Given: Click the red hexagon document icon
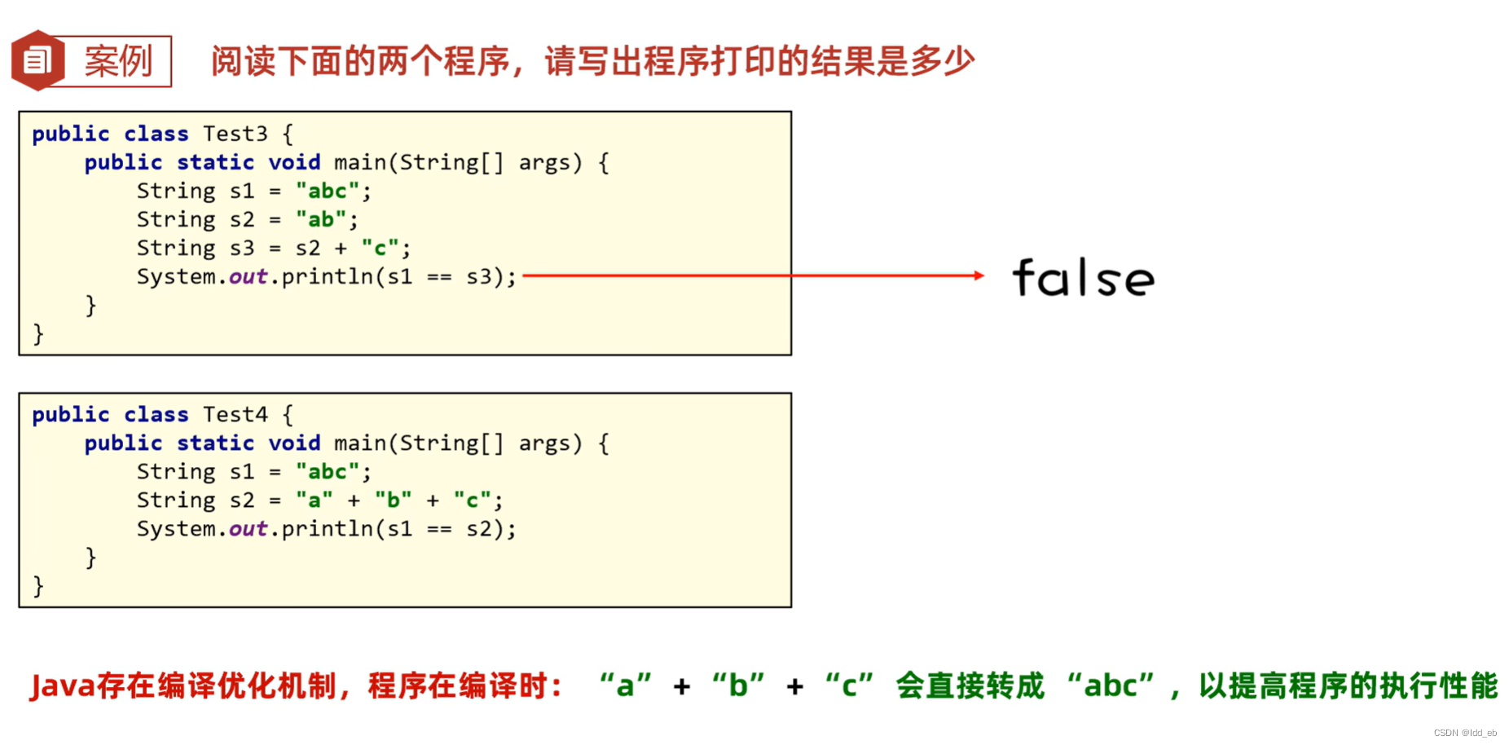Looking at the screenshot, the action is click(x=37, y=60).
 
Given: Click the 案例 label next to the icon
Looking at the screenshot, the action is click(x=118, y=61).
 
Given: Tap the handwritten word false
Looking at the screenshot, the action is click(x=1083, y=279).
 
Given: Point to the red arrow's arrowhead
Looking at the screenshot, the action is click(x=979, y=276).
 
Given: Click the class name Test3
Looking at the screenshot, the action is click(x=235, y=134).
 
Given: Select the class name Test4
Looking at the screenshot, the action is click(x=235, y=415).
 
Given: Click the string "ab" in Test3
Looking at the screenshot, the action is click(x=320, y=219).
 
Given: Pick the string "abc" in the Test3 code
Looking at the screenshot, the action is click(x=328, y=191).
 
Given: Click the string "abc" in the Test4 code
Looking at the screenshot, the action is click(x=328, y=472).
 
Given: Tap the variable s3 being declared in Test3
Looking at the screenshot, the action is click(x=242, y=248).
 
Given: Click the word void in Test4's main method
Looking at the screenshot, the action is click(x=294, y=443).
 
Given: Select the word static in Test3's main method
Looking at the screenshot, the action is click(x=215, y=162).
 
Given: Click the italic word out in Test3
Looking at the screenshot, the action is click(x=248, y=277).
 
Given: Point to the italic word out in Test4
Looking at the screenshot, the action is click(x=248, y=529).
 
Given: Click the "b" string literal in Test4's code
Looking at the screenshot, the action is click(x=393, y=500).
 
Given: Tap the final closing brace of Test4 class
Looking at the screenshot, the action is click(x=38, y=586).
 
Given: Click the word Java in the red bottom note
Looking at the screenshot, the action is click(x=63, y=686).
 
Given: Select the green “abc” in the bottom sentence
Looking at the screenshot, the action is click(x=1111, y=686).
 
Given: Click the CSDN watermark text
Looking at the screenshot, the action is click(x=1464, y=733).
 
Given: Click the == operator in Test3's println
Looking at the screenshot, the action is click(x=439, y=277).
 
